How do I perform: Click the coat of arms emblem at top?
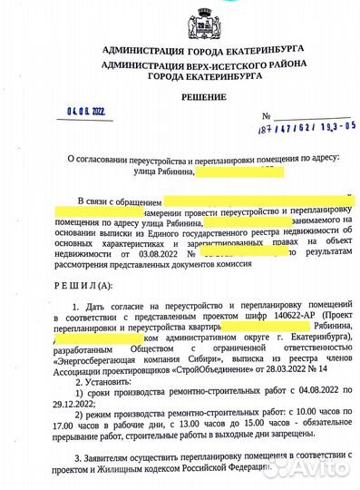(x=178, y=19)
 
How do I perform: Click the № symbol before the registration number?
(x=265, y=117)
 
